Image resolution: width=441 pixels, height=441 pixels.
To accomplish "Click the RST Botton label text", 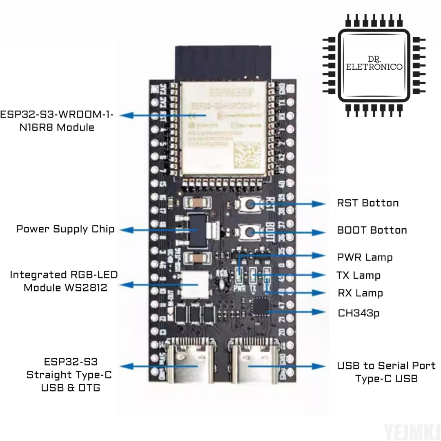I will pyautogui.click(x=367, y=203).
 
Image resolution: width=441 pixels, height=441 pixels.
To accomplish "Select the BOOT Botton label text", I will pyautogui.click(x=372, y=230).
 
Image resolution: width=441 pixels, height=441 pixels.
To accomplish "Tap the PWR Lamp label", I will pyautogui.click(x=365, y=257).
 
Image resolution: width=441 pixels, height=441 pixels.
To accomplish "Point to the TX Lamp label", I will pyautogui.click(x=359, y=275).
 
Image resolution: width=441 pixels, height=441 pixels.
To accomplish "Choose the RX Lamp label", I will pyautogui.click(x=360, y=293).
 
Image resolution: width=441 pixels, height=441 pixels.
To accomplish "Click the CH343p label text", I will pyautogui.click(x=359, y=313).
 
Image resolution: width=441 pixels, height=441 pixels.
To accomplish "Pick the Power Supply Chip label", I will pyautogui.click(x=65, y=229).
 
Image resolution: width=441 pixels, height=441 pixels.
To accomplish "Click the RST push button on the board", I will pyautogui.click(x=248, y=204).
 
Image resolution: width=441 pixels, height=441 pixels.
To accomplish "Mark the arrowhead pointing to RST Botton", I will pyautogui.click(x=318, y=204).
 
